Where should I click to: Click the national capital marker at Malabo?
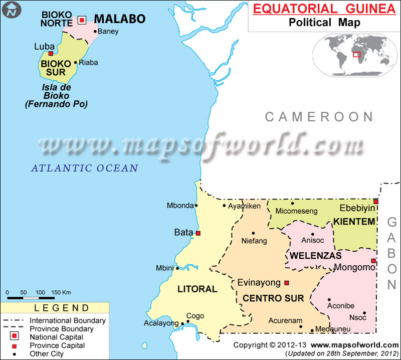[82, 20]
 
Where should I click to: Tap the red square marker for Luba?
[51, 53]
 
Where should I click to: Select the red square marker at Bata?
[198, 233]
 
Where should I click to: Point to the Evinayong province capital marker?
[287, 282]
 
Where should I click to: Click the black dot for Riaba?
[76, 63]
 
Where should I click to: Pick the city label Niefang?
[254, 241]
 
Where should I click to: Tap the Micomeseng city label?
[296, 211]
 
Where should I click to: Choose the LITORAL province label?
[197, 289]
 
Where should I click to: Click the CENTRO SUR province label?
[273, 298]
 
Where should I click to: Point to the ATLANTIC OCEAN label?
[84, 168]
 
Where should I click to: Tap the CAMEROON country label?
[319, 117]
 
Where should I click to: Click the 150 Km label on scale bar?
[61, 292]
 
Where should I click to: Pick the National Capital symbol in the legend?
[15, 336]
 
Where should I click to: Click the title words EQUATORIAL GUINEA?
[324, 10]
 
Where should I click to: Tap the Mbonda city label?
[180, 206]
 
